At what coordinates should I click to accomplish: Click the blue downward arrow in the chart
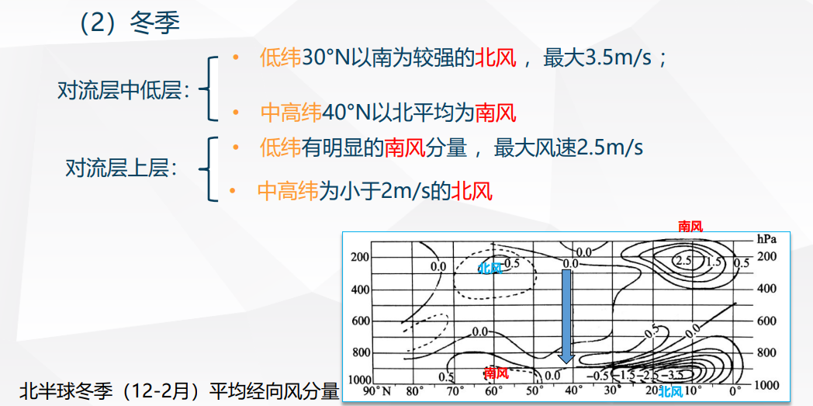click(x=567, y=316)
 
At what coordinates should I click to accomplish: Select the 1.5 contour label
click(x=714, y=262)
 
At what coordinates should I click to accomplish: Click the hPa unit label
click(x=766, y=239)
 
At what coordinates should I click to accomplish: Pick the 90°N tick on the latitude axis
click(x=377, y=390)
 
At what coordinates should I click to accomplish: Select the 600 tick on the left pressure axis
click(x=358, y=321)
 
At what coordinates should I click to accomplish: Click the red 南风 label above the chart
click(x=690, y=226)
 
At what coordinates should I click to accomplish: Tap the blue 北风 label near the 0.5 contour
click(x=490, y=268)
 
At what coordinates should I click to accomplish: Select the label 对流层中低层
click(x=124, y=92)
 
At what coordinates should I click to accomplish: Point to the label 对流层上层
click(x=121, y=168)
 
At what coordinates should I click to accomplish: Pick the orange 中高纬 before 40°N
click(x=291, y=113)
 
